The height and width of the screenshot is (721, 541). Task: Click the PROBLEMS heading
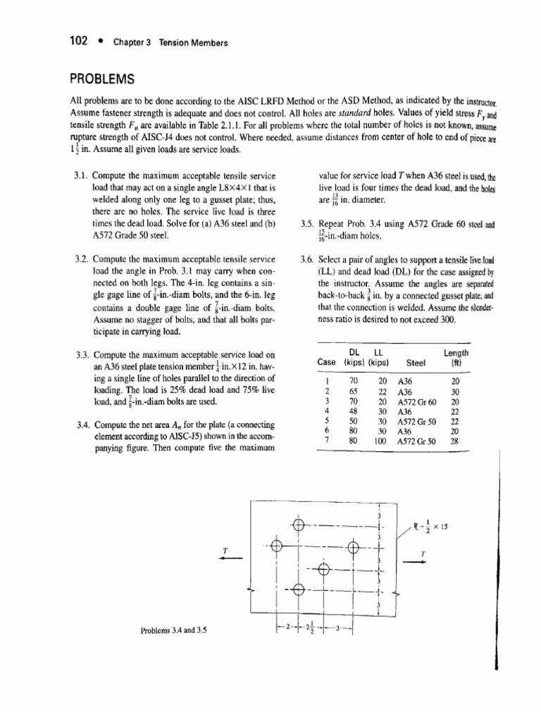(x=101, y=77)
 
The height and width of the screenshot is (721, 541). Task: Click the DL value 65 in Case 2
(x=354, y=392)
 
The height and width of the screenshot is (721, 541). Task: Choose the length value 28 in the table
(x=455, y=440)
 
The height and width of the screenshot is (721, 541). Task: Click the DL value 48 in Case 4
(x=354, y=411)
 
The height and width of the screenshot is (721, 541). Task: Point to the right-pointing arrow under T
(x=422, y=562)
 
